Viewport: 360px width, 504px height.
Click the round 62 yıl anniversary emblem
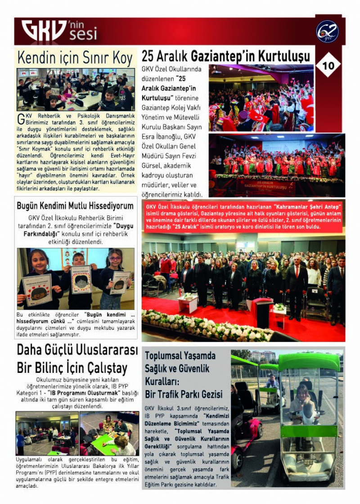click(327, 31)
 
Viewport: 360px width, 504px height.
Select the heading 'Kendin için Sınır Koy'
click(75, 58)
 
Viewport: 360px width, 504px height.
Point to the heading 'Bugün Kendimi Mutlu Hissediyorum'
click(75, 206)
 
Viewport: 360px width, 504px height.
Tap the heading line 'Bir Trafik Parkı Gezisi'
click(184, 394)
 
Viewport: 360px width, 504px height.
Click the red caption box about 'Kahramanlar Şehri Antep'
click(243, 217)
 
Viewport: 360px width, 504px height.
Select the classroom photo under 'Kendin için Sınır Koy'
click(76, 90)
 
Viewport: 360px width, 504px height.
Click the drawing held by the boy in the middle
click(81, 279)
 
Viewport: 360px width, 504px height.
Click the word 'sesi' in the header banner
click(83, 34)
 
